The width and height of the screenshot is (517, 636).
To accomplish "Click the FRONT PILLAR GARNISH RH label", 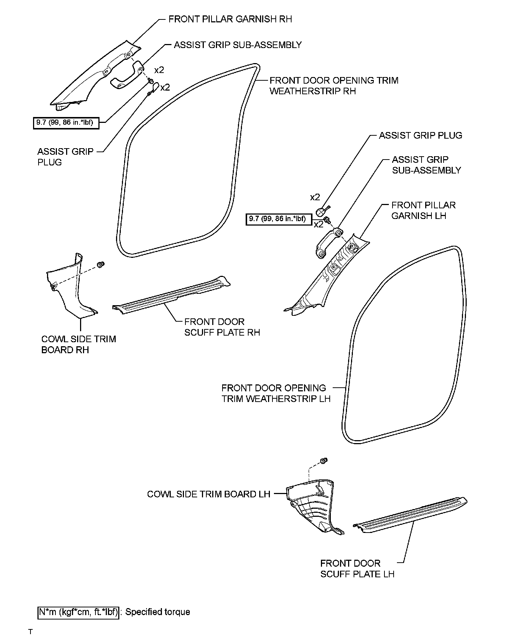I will (x=230, y=19).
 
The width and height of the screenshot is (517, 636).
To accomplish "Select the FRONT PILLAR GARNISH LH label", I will (x=423, y=211).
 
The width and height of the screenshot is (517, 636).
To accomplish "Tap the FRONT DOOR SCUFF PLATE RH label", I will (x=222, y=327).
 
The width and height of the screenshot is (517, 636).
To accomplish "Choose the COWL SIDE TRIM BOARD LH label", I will (x=208, y=494).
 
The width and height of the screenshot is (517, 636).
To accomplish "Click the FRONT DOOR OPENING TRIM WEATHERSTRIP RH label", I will (x=333, y=85).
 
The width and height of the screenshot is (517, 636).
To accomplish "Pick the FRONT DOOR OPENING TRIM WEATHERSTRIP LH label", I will (x=275, y=393).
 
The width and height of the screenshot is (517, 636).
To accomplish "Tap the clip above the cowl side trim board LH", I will (x=324, y=461).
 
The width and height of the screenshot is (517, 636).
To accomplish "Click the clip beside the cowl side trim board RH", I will (x=100, y=264).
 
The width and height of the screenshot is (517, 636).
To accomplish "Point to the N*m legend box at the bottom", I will (x=78, y=612).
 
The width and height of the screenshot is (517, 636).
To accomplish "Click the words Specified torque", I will (x=158, y=612).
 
